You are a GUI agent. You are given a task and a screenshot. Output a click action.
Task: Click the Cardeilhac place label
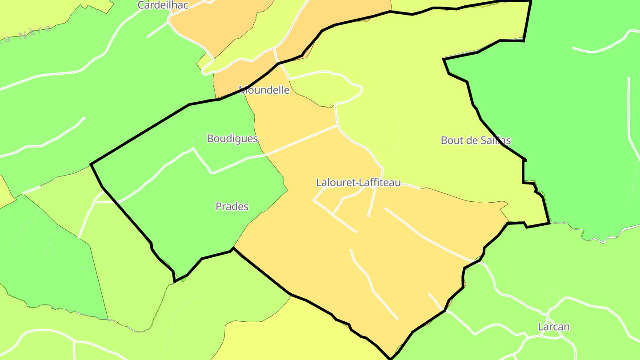coord(163,5)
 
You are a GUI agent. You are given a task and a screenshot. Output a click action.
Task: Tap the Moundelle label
coord(264,90)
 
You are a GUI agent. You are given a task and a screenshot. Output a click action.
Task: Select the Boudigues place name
coord(232,139)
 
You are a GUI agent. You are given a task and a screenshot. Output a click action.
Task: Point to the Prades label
coord(232,207)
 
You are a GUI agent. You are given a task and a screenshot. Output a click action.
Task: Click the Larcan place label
coord(553,327)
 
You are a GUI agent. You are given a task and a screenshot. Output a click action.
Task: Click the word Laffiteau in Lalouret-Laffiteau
coord(377,182)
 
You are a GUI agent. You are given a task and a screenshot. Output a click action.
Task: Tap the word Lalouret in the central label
coord(333,182)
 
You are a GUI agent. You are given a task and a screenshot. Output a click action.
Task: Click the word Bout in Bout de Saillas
coord(450,140)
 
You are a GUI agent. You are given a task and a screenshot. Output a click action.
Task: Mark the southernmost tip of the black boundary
coord(390,358)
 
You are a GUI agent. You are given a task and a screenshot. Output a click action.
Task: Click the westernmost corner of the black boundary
coord(91,164)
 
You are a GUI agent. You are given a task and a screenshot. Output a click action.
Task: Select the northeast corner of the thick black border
coord(531,2)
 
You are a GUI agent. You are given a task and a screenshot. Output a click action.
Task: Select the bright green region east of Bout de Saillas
coord(578,111)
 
